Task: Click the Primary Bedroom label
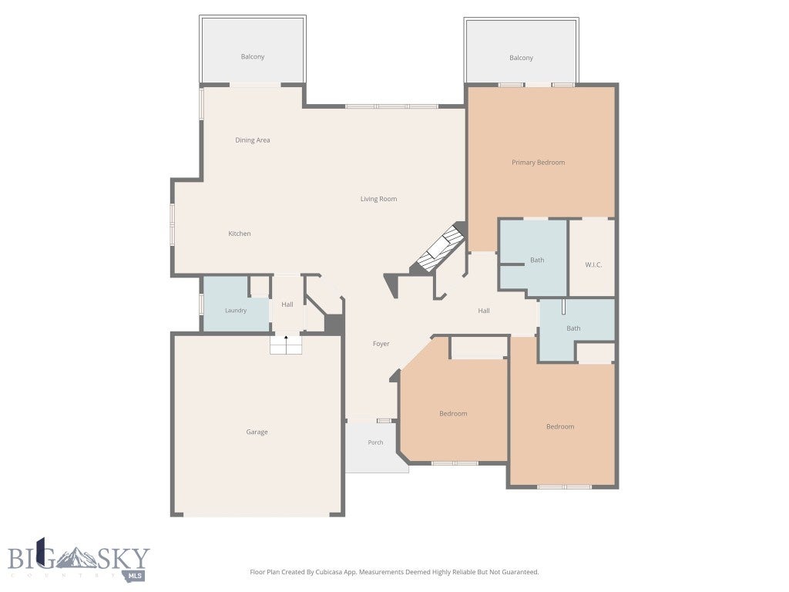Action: point(538,163)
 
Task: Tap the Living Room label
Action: point(378,199)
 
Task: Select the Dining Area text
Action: point(253,140)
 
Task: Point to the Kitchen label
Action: point(240,234)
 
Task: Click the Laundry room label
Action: point(236,311)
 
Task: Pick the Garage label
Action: point(257,432)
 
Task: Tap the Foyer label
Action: point(381,344)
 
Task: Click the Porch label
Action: point(375,442)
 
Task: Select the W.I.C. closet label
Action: point(593,265)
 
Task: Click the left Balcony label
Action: point(253,57)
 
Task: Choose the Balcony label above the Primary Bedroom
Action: point(521,58)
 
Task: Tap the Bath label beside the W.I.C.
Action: point(537,261)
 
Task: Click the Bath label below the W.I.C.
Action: point(573,328)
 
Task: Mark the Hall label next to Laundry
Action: point(287,304)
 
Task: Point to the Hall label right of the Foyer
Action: point(484,311)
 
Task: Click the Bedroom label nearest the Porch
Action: point(453,414)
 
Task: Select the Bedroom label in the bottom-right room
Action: point(560,426)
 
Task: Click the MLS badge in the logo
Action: point(134,576)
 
